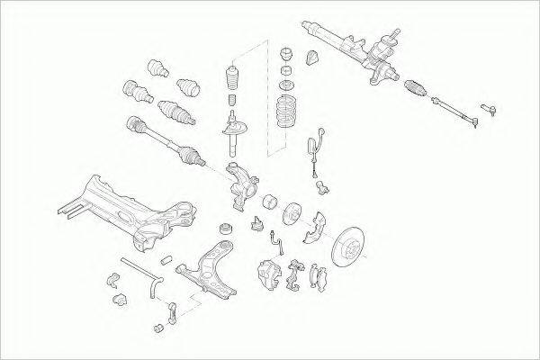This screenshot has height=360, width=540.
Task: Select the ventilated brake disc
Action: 347,247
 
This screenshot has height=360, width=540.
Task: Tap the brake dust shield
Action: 318,227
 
